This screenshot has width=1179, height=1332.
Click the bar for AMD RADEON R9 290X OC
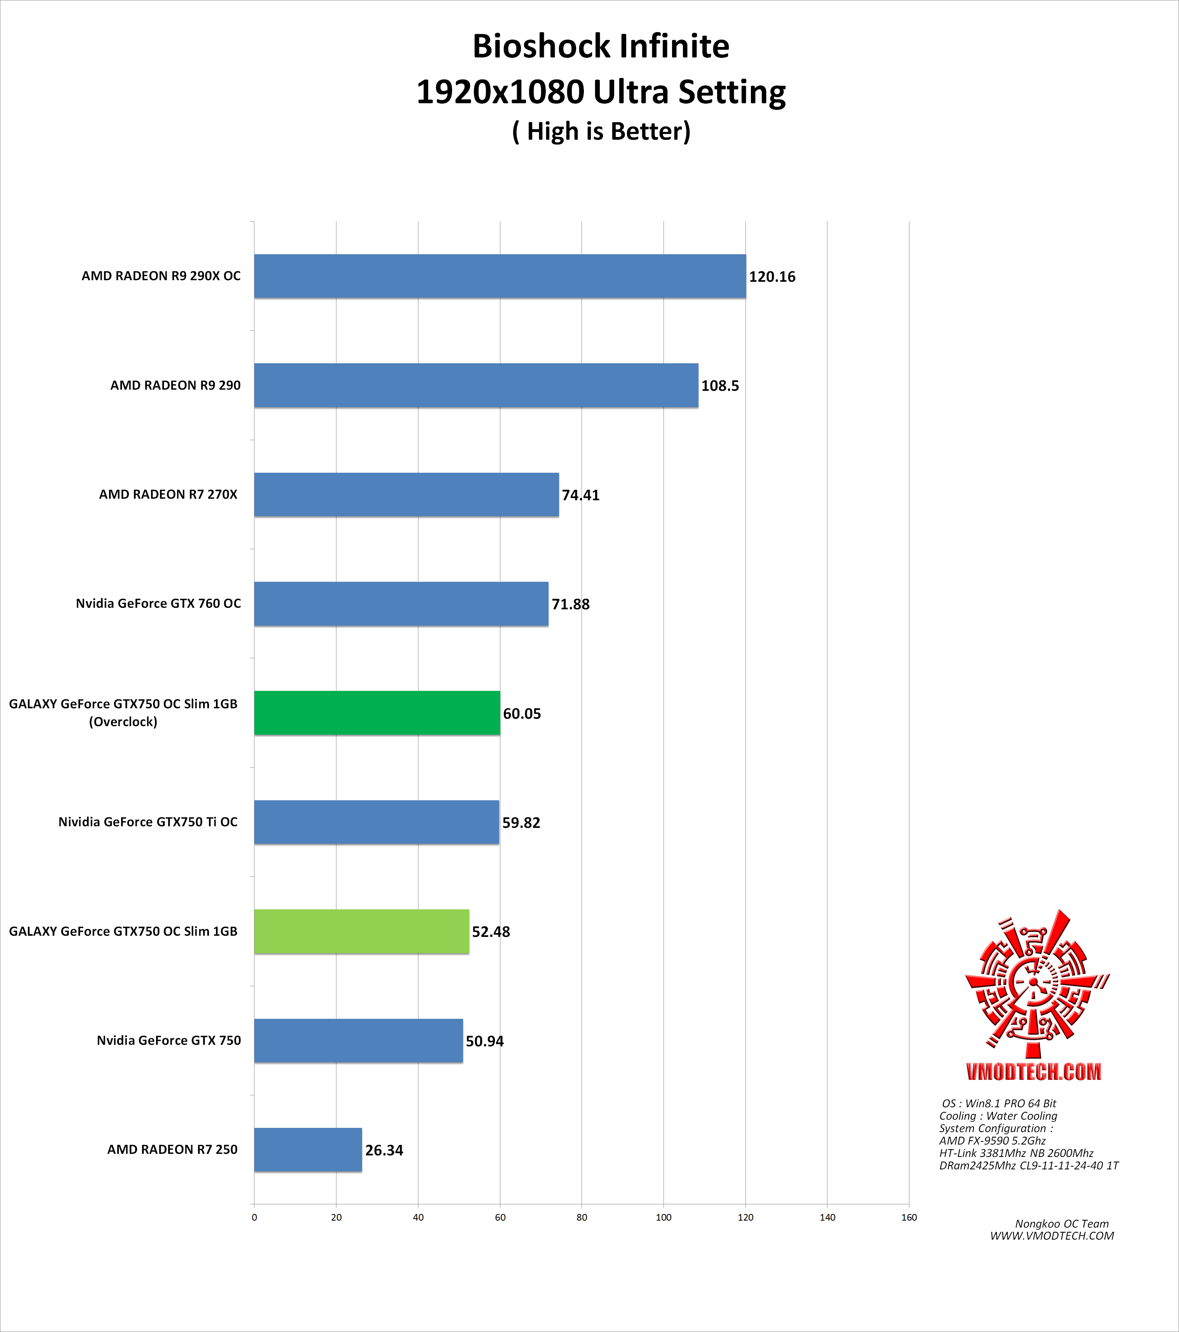(x=500, y=276)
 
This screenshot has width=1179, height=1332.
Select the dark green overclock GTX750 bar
(x=377, y=713)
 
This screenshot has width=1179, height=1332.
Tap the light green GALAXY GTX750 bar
(x=361, y=931)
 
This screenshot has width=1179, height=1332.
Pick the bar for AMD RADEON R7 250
(x=308, y=1150)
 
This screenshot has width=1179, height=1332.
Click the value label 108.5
(x=720, y=386)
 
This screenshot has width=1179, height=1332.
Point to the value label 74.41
(x=580, y=495)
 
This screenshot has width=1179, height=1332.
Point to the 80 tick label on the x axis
(x=582, y=1217)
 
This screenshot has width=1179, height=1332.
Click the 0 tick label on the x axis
(x=254, y=1217)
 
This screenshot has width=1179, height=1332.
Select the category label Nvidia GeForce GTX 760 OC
(x=158, y=604)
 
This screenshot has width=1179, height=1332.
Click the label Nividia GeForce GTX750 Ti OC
(x=148, y=822)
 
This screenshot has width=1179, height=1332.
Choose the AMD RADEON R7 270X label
(x=168, y=494)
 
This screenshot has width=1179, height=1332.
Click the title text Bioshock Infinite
(x=601, y=46)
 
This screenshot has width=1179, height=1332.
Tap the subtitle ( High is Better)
(x=601, y=131)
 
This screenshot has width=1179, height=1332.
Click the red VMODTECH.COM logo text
(x=1034, y=1072)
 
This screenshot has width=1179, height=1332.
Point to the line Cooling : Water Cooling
(x=998, y=1116)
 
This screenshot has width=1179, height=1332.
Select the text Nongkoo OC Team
(x=1062, y=1224)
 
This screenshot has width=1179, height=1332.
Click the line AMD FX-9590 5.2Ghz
(x=992, y=1140)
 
